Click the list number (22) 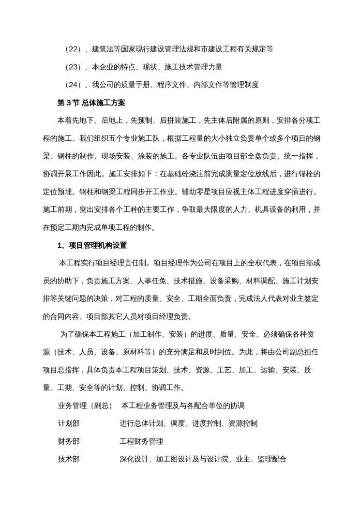point(73,49)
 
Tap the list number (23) point(73,67)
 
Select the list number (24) point(73,85)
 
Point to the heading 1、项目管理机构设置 point(92,245)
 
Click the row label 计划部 point(69,423)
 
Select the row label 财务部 point(69,441)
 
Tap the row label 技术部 point(69,459)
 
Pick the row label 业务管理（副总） point(85,405)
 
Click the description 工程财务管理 point(141,441)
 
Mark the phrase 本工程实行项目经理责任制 point(104,264)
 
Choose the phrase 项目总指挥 point(61,370)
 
